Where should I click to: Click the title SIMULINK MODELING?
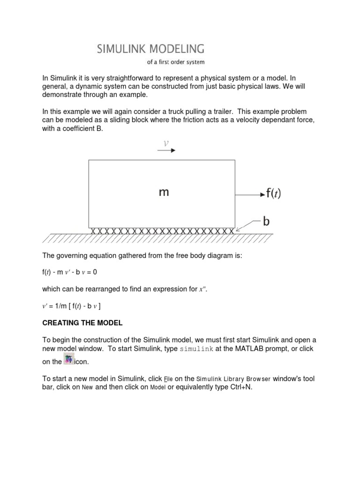(150, 48)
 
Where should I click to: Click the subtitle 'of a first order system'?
(176, 61)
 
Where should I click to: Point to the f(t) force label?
(274, 194)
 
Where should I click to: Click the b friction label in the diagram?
(266, 222)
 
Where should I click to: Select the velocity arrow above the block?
(166, 150)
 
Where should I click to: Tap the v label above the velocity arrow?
(165, 142)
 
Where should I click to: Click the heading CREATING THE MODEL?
(82, 322)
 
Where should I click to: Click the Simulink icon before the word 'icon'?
(69, 360)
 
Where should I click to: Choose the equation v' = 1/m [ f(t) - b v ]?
(72, 306)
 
